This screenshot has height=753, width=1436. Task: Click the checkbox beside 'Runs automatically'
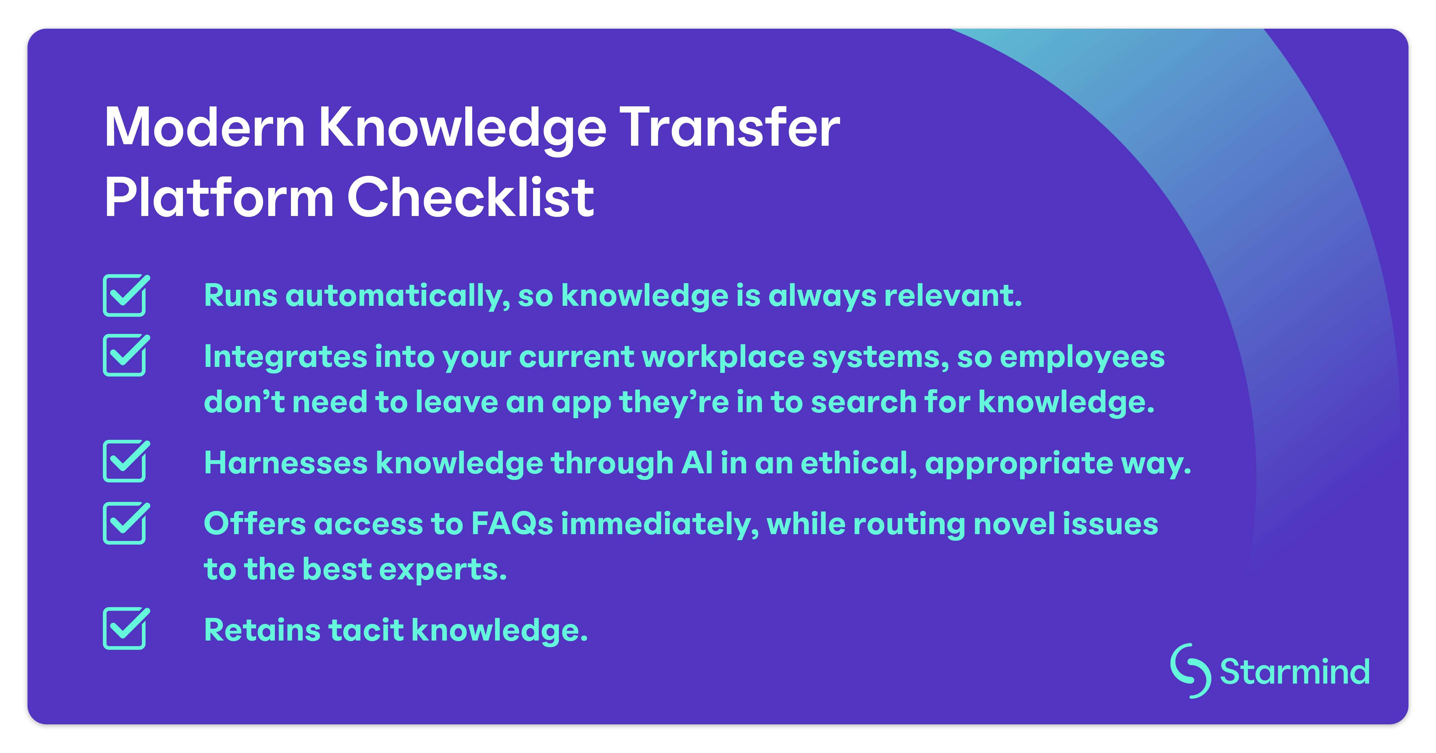[125, 296]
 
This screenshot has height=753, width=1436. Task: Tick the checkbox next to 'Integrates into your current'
[125, 355]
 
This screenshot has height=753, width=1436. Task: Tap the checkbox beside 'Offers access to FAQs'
[125, 524]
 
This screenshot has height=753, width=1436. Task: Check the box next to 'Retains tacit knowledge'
[125, 629]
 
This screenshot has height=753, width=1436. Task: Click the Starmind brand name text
[1294, 672]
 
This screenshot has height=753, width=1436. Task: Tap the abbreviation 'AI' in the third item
[697, 463]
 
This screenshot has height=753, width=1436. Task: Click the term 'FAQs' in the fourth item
[512, 524]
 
